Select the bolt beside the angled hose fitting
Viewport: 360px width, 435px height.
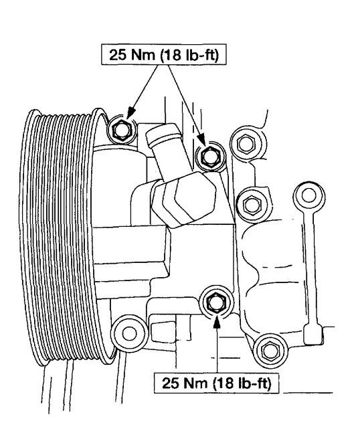point(208,155)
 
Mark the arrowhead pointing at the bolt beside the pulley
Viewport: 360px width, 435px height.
point(129,115)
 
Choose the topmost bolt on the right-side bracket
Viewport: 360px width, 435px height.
point(244,143)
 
